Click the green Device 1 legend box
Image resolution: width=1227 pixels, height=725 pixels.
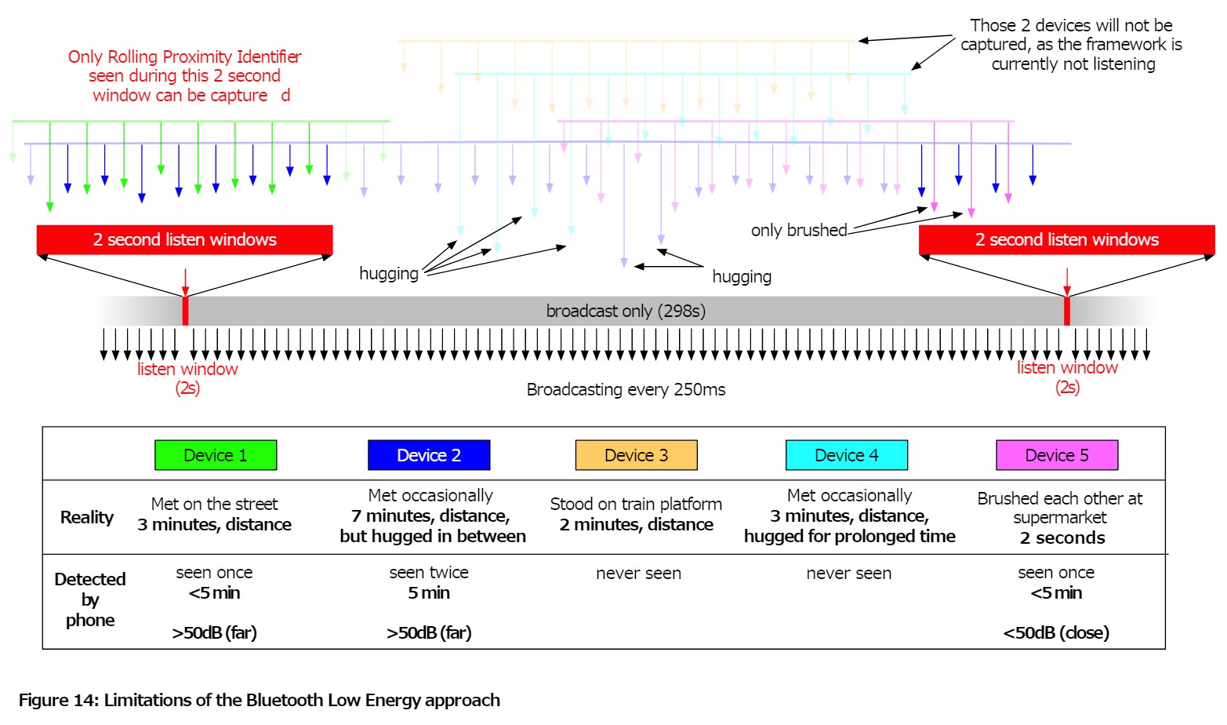coord(216,455)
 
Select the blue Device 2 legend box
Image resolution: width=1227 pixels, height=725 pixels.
coord(429,455)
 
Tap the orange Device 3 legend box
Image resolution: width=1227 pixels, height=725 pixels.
coord(636,455)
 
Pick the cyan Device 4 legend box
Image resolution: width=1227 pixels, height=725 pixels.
coord(847,455)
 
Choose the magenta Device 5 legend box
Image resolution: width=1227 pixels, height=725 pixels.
coord(1057,455)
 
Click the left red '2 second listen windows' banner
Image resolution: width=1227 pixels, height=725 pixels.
coord(184,240)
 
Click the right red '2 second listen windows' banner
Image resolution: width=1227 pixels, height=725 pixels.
coord(1066,240)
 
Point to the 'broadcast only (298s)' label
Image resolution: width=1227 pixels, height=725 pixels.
coord(626,311)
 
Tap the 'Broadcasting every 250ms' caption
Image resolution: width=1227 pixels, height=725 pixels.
coord(626,390)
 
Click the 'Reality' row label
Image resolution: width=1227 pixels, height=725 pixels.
coord(87,518)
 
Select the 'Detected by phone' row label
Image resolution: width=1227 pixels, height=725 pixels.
coord(90,599)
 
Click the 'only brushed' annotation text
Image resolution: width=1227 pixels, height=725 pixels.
coord(799,231)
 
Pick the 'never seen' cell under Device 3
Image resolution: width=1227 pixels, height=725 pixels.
coord(638,574)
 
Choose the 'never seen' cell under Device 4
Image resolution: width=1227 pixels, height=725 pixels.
coord(848,574)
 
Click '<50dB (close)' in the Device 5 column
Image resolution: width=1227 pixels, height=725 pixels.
coord(1056,633)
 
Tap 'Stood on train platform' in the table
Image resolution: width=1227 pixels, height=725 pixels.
coord(636,504)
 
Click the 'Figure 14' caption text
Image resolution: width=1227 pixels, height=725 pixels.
coord(259,700)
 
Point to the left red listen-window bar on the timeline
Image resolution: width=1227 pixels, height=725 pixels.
coord(185,311)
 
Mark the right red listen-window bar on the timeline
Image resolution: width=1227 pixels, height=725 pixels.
coord(1067,311)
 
